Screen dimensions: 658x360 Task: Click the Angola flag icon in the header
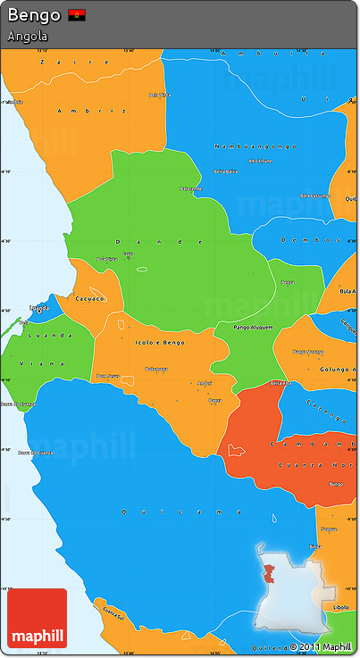click(77, 15)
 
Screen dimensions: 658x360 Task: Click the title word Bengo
click(34, 15)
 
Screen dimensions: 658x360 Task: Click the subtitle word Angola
click(28, 37)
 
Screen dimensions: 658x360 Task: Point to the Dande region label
click(147, 241)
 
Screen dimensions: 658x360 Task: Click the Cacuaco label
click(90, 298)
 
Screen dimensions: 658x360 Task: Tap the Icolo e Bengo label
click(160, 342)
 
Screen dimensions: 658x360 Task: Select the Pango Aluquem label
click(253, 329)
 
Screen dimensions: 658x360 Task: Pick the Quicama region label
click(180, 512)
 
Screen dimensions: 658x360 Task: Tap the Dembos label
click(305, 239)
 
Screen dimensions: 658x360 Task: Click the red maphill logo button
click(37, 618)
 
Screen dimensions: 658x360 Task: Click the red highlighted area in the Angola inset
click(267, 573)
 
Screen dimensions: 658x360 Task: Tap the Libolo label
click(340, 607)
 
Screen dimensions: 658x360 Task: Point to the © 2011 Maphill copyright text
click(321, 646)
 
